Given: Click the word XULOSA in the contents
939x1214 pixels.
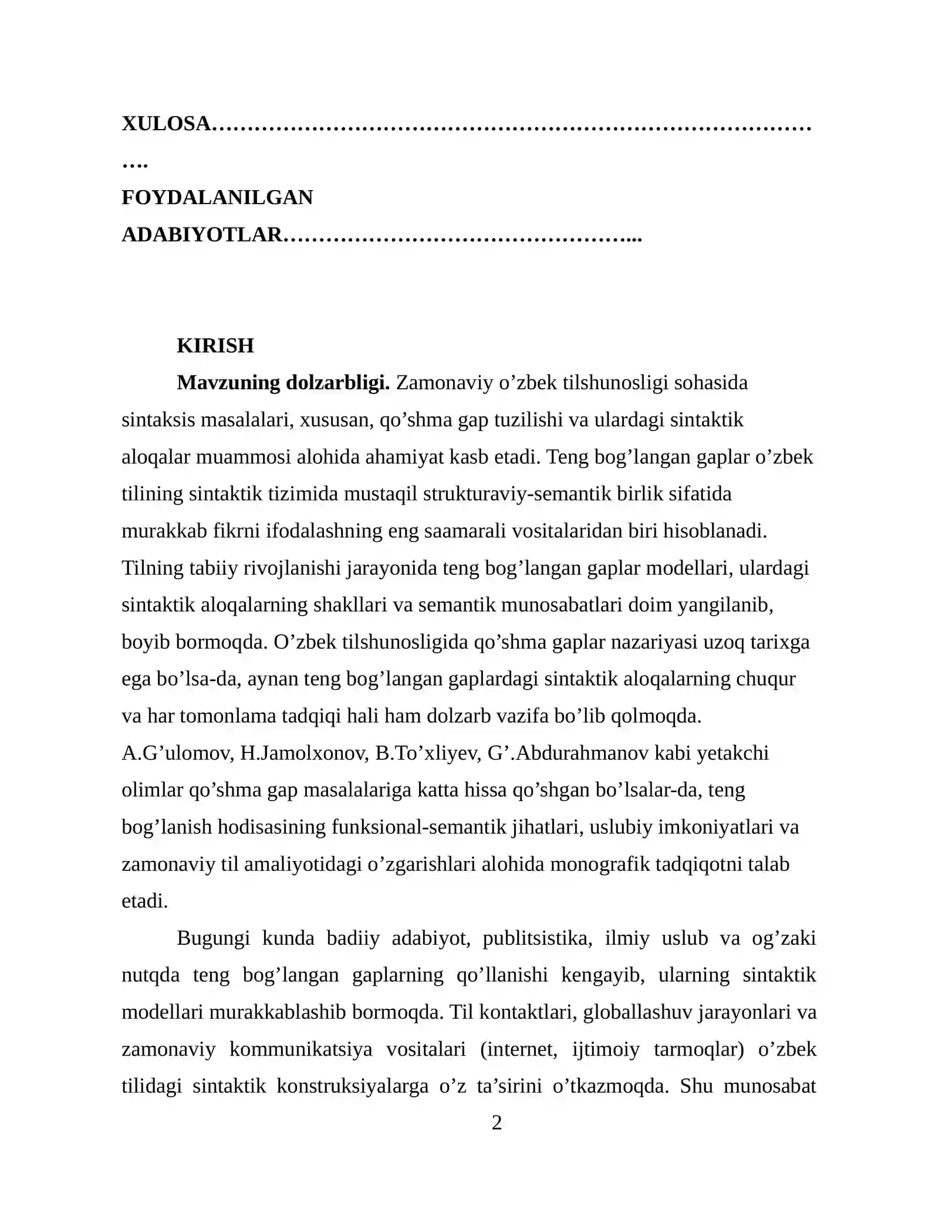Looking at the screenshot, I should [x=166, y=124].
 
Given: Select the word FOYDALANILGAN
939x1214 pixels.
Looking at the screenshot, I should [x=217, y=198].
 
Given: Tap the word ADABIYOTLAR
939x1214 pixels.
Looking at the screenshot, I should [x=202, y=235].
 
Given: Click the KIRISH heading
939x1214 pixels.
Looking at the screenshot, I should [x=215, y=346].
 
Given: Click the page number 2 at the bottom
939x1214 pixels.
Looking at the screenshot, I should [x=496, y=1123].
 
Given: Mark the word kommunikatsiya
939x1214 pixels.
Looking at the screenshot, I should [x=300, y=1049].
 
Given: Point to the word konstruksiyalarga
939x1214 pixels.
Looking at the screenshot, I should [x=352, y=1086].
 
